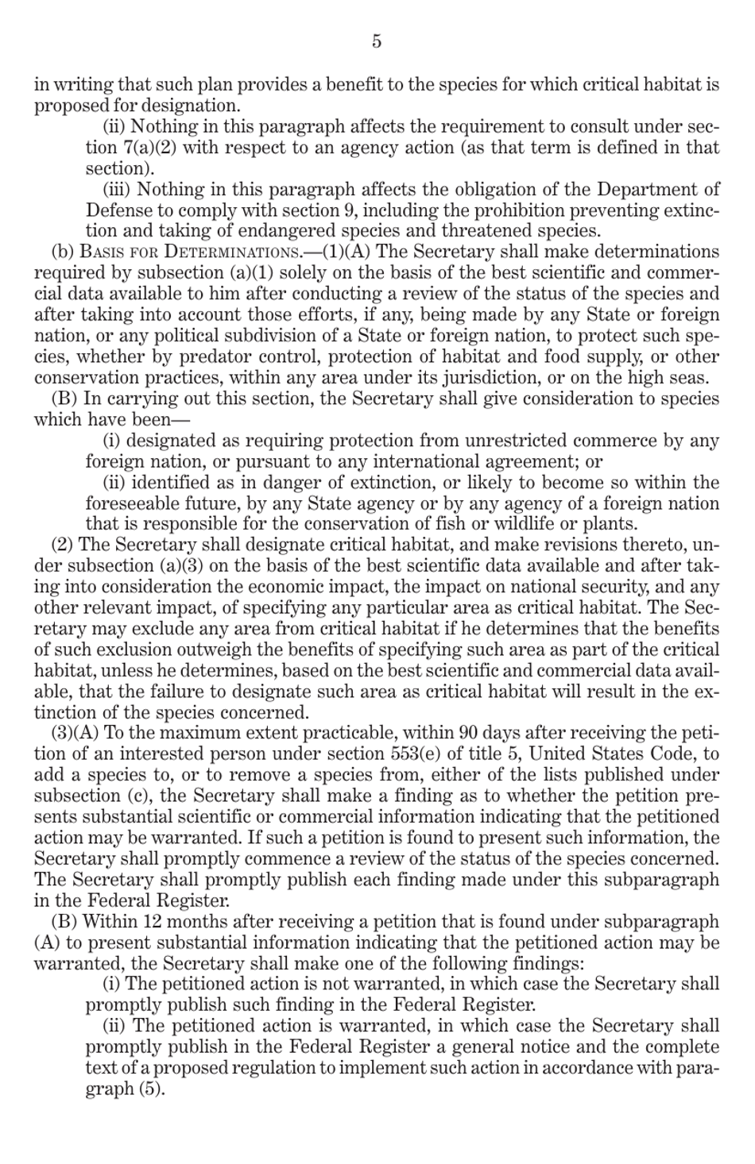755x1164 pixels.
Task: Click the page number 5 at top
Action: (x=377, y=41)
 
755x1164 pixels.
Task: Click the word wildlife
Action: (x=560, y=524)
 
